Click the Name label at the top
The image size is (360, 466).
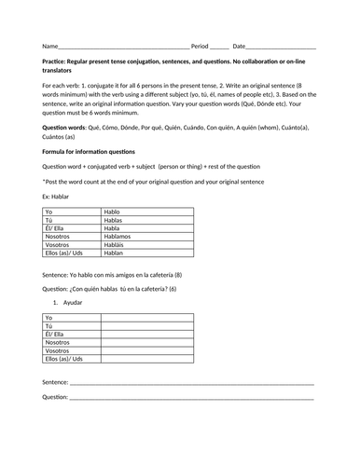pos(49,46)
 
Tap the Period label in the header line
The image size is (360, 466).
pos(200,46)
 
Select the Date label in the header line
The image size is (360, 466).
pos(240,46)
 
